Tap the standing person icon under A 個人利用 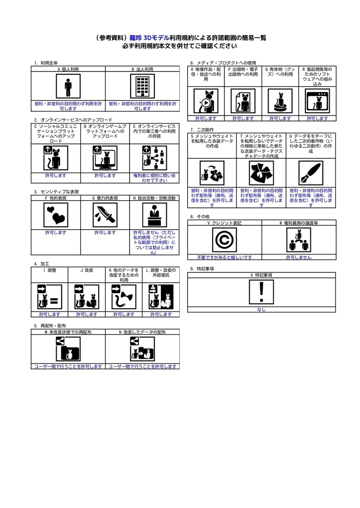(x=68, y=86)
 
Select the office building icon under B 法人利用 (x=143, y=86)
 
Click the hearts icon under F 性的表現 (x=56, y=215)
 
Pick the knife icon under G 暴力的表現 (x=105, y=215)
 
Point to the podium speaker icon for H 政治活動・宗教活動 (x=154, y=215)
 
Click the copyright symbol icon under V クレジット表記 (x=224, y=240)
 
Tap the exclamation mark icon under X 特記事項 (x=261, y=292)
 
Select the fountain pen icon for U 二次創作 (x=311, y=173)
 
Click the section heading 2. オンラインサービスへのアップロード (x=73, y=120)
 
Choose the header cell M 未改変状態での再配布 (x=68, y=332)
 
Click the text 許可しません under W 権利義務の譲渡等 (x=299, y=257)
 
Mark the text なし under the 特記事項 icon (x=261, y=310)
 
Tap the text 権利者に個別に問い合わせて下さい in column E (x=154, y=178)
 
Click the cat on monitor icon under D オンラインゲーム (x=105, y=158)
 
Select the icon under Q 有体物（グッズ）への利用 (x=280, y=101)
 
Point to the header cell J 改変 (x=86, y=270)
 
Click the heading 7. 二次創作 (x=202, y=129)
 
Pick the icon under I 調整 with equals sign (x=50, y=297)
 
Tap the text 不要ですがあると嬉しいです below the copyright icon (x=224, y=257)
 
